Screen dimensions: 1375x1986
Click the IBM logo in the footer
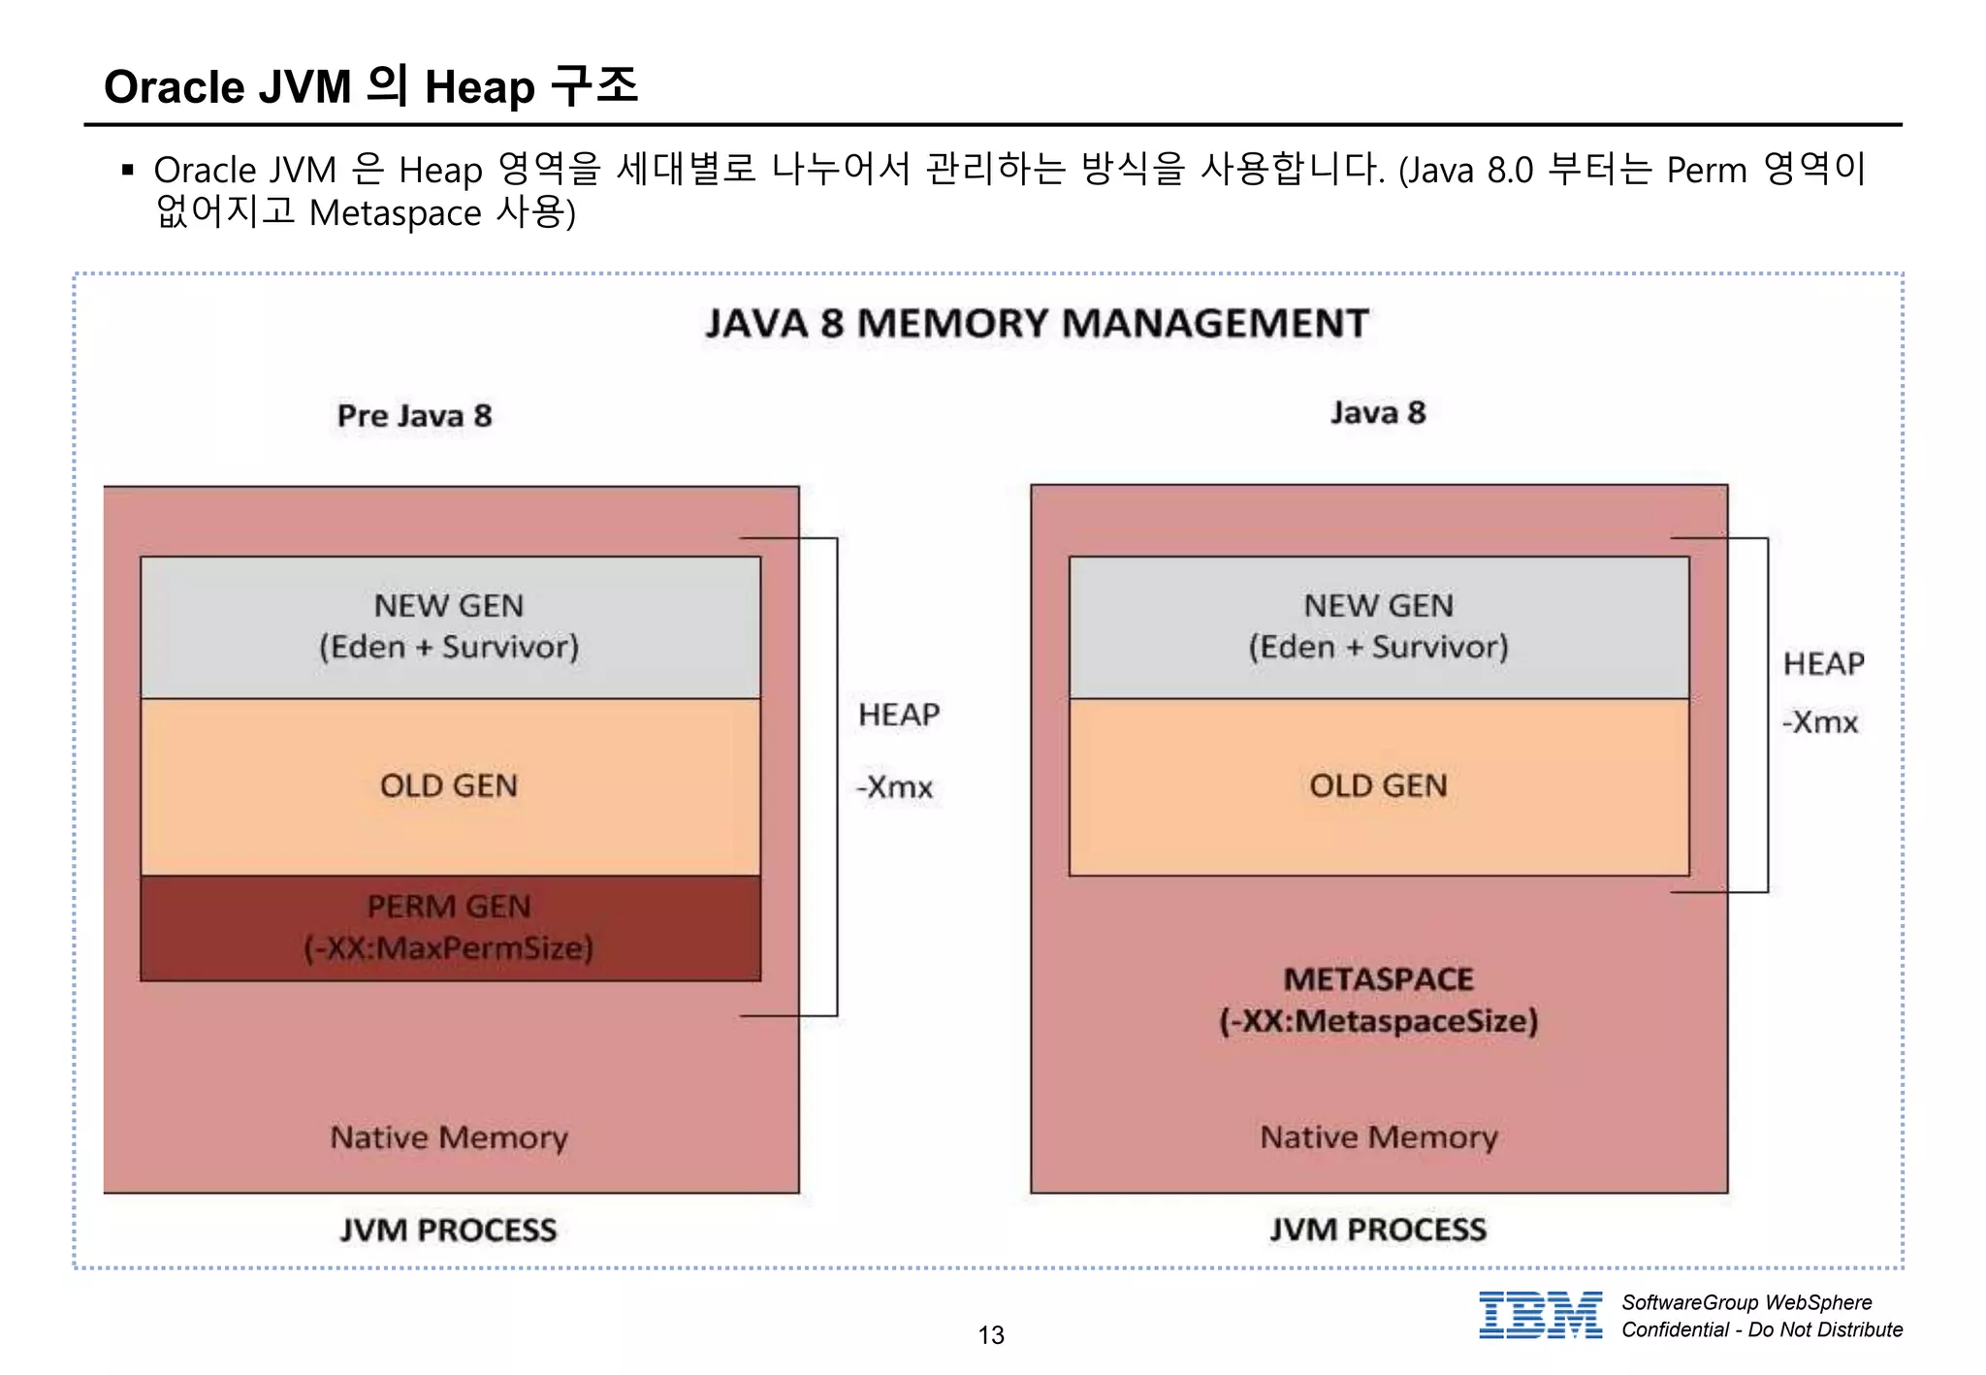click(x=1540, y=1315)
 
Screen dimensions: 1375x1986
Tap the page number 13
click(x=991, y=1335)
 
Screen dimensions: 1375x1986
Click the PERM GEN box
click(x=450, y=928)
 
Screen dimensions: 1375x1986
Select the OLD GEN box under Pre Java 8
click(x=450, y=786)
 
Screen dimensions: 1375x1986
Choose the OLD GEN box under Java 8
click(x=1378, y=786)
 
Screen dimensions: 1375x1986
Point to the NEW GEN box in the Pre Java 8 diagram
click(x=450, y=626)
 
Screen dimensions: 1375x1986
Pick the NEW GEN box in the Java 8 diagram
click(x=1378, y=626)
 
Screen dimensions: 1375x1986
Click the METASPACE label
click(x=1378, y=979)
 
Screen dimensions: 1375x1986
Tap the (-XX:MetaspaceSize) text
click(x=1378, y=1021)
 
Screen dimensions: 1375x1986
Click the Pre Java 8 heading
click(x=414, y=416)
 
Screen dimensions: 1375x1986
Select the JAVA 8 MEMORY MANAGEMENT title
click(x=1037, y=323)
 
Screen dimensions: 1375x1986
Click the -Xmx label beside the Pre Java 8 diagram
click(x=894, y=786)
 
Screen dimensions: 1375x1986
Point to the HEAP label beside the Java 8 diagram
click(x=1823, y=664)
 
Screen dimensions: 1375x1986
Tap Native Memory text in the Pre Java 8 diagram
click(x=449, y=1137)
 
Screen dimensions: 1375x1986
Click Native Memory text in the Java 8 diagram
click(x=1378, y=1137)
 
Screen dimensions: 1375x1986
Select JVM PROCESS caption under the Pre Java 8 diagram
click(x=448, y=1231)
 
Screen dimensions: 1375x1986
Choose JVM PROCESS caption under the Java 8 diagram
click(x=1378, y=1230)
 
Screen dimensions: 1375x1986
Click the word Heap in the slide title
click(x=479, y=87)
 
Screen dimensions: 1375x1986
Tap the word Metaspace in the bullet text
click(x=395, y=213)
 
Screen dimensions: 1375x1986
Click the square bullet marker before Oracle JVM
click(x=128, y=171)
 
